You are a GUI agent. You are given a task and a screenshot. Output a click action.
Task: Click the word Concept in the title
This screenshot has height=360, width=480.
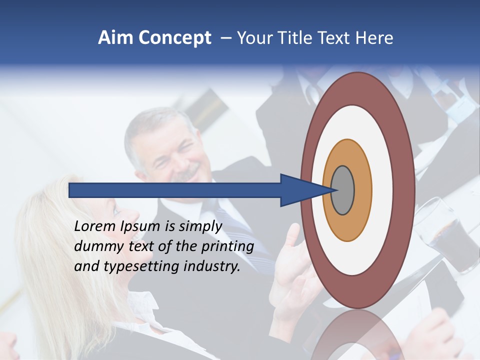(174, 38)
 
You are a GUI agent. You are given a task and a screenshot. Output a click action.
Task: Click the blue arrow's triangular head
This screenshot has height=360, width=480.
(300, 190)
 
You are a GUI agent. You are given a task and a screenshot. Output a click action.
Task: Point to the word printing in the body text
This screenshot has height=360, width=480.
(227, 247)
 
